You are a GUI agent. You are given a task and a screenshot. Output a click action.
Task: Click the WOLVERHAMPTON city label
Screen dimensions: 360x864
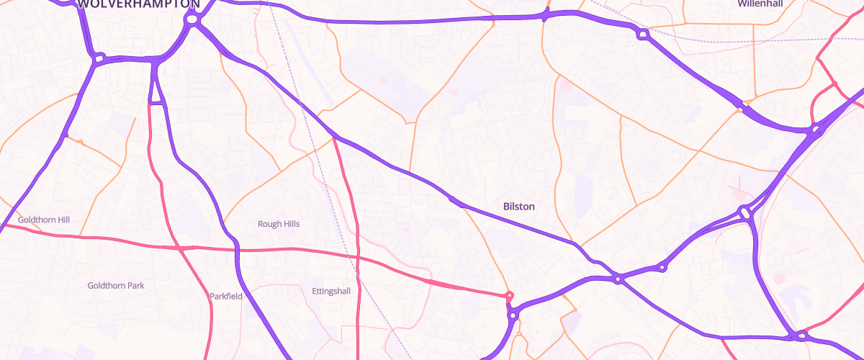point(139,4)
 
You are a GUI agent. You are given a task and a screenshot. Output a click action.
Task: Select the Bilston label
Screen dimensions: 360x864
point(518,207)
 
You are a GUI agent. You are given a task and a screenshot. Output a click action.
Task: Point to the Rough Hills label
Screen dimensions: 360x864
point(279,224)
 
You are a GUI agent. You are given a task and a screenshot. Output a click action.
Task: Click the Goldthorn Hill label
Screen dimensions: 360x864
point(43,219)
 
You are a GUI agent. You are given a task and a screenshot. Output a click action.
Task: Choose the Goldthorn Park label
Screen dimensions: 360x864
point(115,286)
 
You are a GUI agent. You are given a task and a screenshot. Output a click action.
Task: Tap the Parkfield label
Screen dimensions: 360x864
point(226,296)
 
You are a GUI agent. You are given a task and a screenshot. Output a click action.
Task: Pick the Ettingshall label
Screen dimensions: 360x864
point(331,291)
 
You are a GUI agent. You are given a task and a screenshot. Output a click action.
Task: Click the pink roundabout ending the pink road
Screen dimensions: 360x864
point(510,295)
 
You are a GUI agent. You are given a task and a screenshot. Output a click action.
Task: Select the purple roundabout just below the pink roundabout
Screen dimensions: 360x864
point(513,315)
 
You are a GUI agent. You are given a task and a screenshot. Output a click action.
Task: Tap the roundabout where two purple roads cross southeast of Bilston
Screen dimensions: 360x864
point(618,279)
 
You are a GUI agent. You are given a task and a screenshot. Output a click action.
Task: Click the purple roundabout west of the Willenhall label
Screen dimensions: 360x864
point(643,34)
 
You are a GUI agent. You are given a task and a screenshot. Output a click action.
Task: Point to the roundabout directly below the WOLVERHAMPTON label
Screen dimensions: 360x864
point(192,21)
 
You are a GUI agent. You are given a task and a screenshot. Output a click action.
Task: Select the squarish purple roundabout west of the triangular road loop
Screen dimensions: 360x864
point(99,57)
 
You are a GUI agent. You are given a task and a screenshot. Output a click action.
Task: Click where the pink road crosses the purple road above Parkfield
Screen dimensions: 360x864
point(236,250)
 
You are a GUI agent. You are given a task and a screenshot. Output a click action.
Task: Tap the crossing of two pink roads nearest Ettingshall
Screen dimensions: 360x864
point(357,256)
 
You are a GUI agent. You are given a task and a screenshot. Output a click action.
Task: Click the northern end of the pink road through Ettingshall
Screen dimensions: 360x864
point(335,137)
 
